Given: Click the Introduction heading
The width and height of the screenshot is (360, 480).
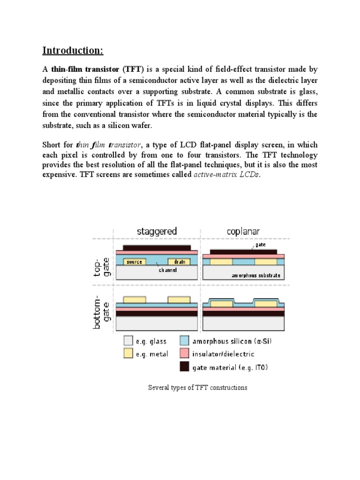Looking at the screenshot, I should coord(73,50).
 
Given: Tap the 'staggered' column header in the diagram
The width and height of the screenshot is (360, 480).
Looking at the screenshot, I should coord(157,231).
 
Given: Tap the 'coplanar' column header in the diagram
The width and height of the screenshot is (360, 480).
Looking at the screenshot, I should coord(243,231).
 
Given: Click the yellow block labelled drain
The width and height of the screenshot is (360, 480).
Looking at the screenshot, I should coord(179,262).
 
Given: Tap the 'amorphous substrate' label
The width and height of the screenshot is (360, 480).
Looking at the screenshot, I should coord(256,276).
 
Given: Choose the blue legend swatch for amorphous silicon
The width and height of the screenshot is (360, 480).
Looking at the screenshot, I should coord(185,341).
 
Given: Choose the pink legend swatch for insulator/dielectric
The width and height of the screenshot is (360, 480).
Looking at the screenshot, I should coord(185,354).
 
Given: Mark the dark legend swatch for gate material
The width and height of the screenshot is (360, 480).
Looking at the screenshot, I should coord(185,367).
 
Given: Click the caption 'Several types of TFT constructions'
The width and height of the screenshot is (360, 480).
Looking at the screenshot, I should coord(197,388).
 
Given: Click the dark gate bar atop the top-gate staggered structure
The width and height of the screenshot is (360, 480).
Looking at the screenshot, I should coord(157,247).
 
